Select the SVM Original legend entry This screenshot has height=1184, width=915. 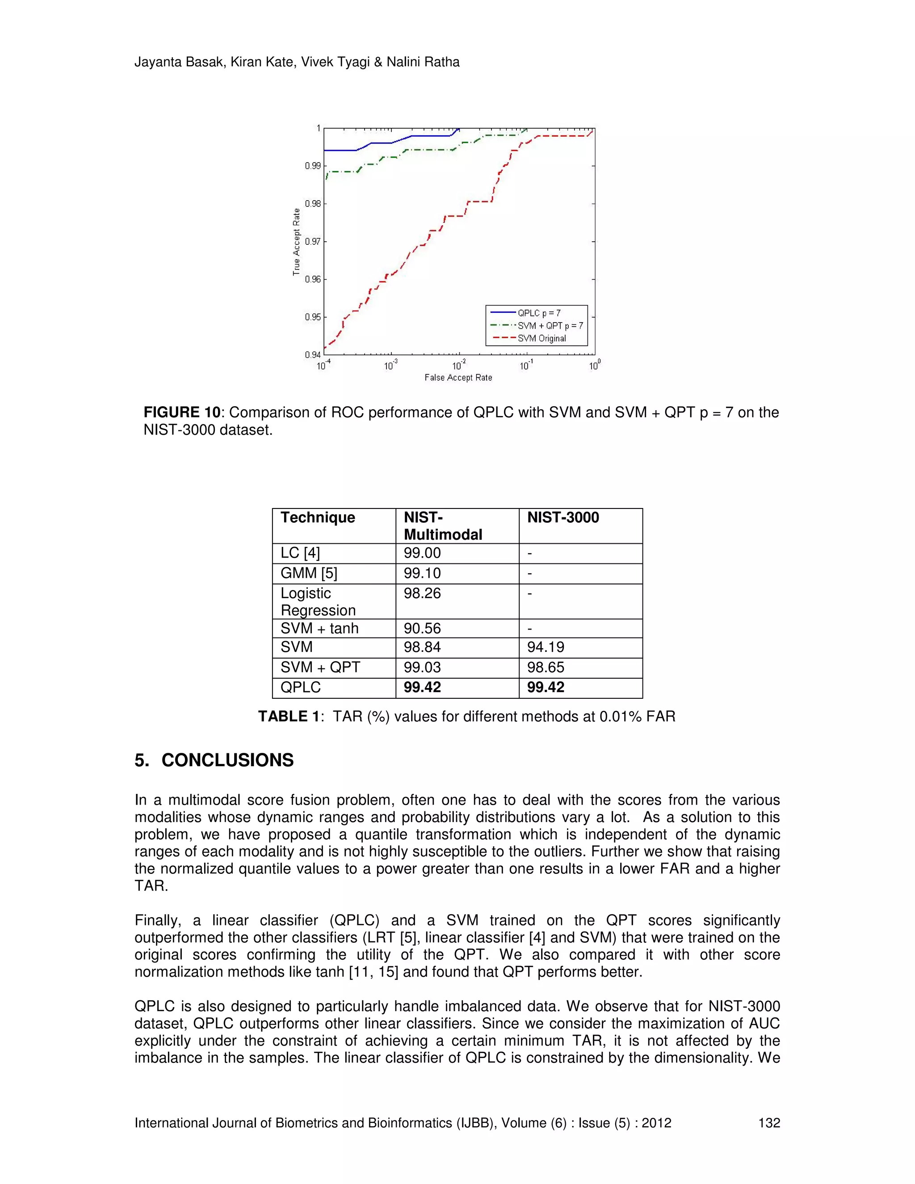pos(541,338)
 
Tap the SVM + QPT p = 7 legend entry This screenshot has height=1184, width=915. pos(550,326)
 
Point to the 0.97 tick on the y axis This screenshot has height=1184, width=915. pos(313,242)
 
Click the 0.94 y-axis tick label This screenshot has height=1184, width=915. pos(312,355)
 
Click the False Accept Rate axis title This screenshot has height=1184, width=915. pos(458,378)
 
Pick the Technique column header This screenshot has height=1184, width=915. pos(318,518)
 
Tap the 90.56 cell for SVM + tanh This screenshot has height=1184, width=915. pos(422,628)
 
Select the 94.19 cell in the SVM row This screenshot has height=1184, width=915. pos(546,647)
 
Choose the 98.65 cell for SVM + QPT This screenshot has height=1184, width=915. pos(546,668)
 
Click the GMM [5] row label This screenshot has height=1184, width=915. pos(308,573)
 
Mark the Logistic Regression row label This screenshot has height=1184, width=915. pos(318,601)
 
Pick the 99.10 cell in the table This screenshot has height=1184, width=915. pos(422,573)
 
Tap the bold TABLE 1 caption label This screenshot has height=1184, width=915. pos(289,717)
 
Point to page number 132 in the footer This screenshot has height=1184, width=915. pos(768,1123)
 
